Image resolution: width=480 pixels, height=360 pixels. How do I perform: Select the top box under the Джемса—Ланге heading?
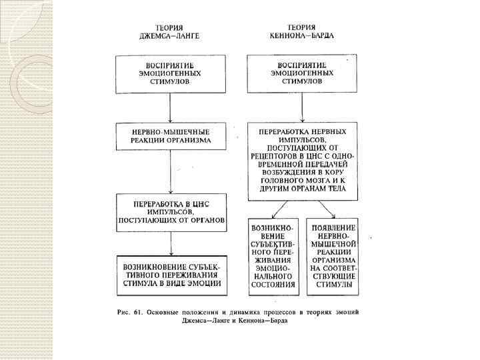point(171,73)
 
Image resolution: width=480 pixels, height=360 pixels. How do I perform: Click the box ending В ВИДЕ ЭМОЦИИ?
point(171,274)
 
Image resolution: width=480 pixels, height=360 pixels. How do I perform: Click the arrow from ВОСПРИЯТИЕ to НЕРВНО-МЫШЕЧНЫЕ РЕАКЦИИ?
point(171,106)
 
